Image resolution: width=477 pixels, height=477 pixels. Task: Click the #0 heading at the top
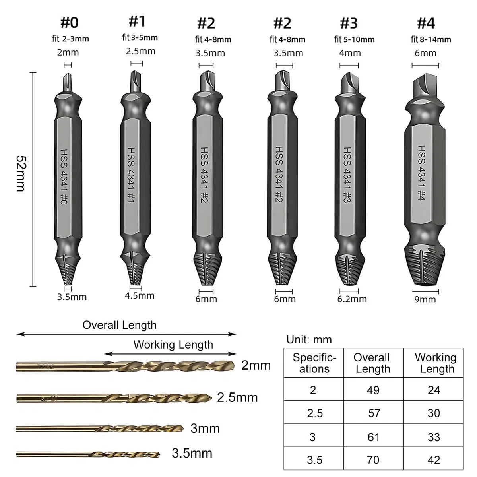tap(69, 23)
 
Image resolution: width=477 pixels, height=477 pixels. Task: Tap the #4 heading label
tap(426, 23)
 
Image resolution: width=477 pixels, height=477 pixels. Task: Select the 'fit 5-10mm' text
tap(354, 39)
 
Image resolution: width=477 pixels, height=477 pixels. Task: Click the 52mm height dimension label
tap(21, 174)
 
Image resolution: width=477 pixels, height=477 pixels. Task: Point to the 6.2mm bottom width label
tap(352, 299)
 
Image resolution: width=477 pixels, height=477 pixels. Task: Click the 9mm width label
tap(425, 300)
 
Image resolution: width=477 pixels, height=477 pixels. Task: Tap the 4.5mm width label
tap(140, 296)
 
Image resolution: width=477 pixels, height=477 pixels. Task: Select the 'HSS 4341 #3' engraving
tap(347, 175)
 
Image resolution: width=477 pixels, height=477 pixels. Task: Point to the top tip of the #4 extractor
tap(426, 74)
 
